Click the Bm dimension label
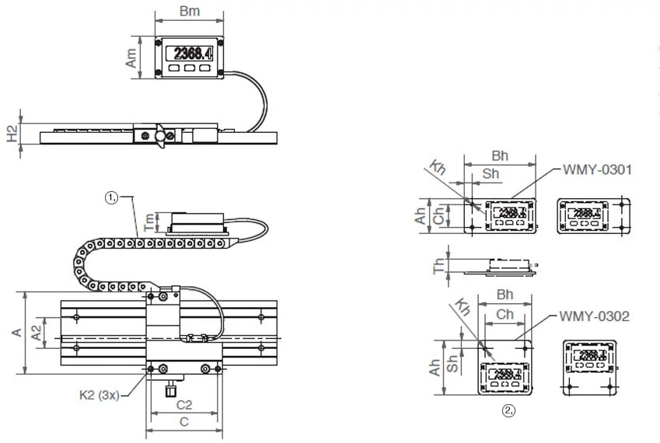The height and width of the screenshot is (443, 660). point(189,12)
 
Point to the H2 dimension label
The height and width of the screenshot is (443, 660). point(12,133)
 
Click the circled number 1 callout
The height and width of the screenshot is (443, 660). point(111,198)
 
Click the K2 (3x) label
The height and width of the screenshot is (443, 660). point(99,395)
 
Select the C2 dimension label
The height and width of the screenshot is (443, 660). point(184,405)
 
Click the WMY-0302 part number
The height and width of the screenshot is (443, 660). point(594,316)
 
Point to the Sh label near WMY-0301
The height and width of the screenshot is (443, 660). point(491,174)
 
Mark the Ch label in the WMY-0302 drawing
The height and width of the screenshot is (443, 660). point(505,315)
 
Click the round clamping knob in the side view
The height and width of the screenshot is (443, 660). point(162,137)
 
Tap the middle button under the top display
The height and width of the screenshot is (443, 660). point(189,68)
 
